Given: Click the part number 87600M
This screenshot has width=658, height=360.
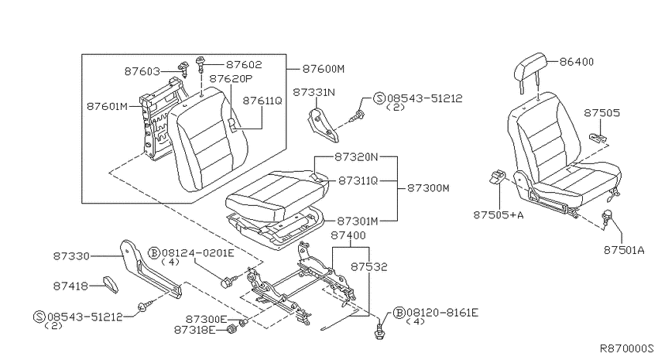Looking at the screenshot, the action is click(323, 69).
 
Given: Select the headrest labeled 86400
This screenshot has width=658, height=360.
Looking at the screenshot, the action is click(531, 69).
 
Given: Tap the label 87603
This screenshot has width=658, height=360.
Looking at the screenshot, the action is click(142, 72).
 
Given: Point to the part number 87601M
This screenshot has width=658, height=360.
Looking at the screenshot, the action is click(107, 106).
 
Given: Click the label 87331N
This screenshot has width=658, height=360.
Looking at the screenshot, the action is click(314, 92).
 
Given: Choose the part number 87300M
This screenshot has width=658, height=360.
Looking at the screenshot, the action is click(428, 188).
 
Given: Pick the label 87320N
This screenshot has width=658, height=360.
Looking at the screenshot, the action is click(356, 157).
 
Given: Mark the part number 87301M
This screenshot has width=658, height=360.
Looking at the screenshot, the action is click(358, 221).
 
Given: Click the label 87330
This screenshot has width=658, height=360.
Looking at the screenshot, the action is click(71, 256).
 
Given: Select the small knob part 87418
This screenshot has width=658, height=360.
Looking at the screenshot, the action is click(111, 284).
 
